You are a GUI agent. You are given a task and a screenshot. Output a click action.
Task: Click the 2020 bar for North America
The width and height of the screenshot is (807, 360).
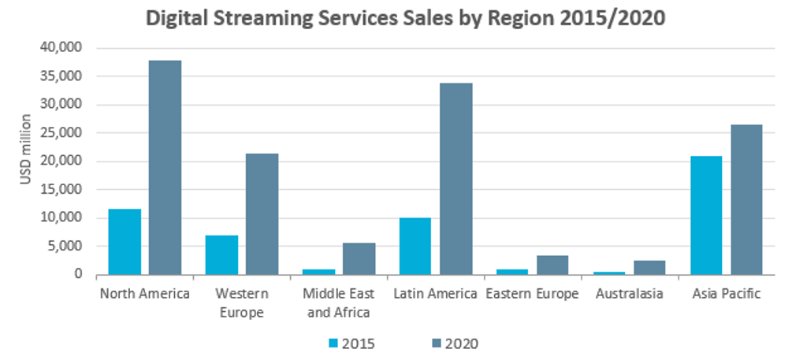click(x=165, y=168)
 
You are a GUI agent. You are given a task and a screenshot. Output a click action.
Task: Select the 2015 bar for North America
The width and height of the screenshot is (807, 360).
click(x=125, y=242)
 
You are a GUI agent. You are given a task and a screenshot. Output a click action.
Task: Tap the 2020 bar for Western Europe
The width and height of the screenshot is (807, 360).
click(x=262, y=214)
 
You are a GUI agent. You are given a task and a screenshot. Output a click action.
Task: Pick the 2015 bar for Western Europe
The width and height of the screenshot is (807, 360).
click(x=221, y=255)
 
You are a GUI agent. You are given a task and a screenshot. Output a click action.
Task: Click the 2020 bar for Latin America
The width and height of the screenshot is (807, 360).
click(x=456, y=179)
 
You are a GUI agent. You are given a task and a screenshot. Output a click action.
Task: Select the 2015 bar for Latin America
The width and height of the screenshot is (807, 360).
click(x=415, y=247)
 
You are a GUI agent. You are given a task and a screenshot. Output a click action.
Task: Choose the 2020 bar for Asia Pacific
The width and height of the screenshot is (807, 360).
click(x=746, y=200)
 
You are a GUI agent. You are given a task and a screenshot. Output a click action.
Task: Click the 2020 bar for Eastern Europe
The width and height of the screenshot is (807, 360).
click(x=552, y=265)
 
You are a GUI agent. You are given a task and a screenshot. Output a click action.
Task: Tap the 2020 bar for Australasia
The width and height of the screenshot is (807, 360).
click(x=649, y=268)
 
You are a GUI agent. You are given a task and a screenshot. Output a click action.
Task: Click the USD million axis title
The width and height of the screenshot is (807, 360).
click(x=26, y=150)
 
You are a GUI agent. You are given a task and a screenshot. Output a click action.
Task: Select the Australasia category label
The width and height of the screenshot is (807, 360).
click(x=630, y=295)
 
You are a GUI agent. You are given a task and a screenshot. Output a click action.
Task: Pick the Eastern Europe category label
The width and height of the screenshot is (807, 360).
click(x=532, y=295)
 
